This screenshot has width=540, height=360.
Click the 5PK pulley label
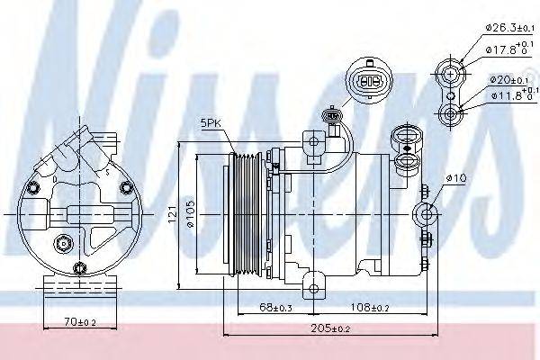click(x=210, y=125)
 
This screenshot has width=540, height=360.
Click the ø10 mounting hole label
click(x=457, y=179)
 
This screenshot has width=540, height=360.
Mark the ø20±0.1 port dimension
click(x=506, y=80)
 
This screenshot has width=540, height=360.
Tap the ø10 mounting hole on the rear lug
click(x=427, y=213)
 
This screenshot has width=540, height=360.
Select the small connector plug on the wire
click(x=335, y=115)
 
